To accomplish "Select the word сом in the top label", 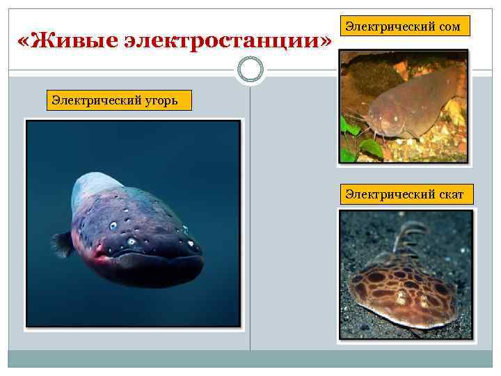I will [x=450, y=27].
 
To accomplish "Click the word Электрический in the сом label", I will [x=390, y=27].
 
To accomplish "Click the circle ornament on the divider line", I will [x=250, y=70].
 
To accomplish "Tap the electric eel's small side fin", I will [x=63, y=243].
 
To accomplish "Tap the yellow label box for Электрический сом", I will [x=408, y=26].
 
